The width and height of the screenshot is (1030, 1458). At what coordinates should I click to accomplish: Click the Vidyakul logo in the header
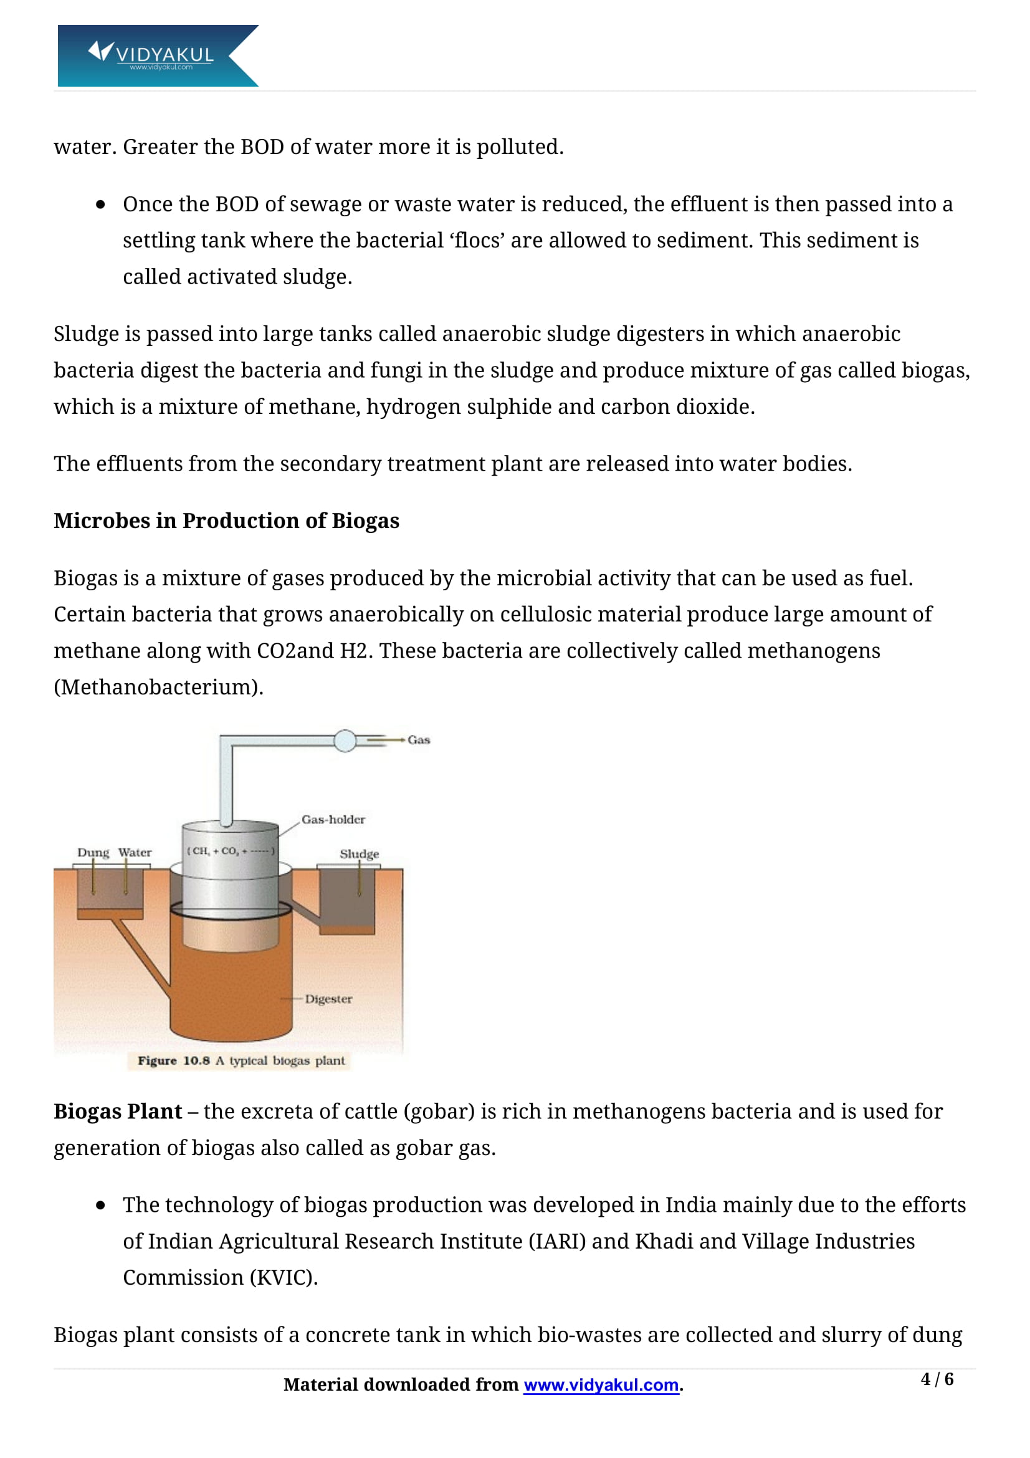coord(158,55)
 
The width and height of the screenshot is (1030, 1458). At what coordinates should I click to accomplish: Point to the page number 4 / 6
coord(937,1379)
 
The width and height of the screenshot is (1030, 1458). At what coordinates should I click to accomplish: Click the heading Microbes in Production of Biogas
coord(227,520)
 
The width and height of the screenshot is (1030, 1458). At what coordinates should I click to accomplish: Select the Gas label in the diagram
coord(419,740)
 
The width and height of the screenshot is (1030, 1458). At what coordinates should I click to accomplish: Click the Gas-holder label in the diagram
coord(333,819)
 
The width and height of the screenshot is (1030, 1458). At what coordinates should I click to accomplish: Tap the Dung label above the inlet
coord(93,852)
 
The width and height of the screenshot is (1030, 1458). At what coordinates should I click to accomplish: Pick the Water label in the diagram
coord(135,852)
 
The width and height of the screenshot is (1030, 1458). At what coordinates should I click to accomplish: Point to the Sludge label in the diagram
coord(359,853)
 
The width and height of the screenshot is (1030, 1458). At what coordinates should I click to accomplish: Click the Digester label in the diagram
coord(328,999)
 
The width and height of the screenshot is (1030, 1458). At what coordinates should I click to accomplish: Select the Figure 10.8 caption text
coord(241,1060)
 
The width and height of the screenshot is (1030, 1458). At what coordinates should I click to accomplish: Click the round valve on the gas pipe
coord(345,741)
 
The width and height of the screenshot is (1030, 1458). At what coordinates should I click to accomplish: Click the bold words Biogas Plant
coord(117,1111)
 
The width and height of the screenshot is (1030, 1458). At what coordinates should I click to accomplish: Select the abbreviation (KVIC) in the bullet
coord(283,1277)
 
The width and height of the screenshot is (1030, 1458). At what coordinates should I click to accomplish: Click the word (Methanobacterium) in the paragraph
coord(158,687)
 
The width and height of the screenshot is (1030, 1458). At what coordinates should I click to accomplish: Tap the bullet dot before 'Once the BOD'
coord(100,204)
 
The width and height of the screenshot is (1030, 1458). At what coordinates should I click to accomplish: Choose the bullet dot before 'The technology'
coord(100,1206)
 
